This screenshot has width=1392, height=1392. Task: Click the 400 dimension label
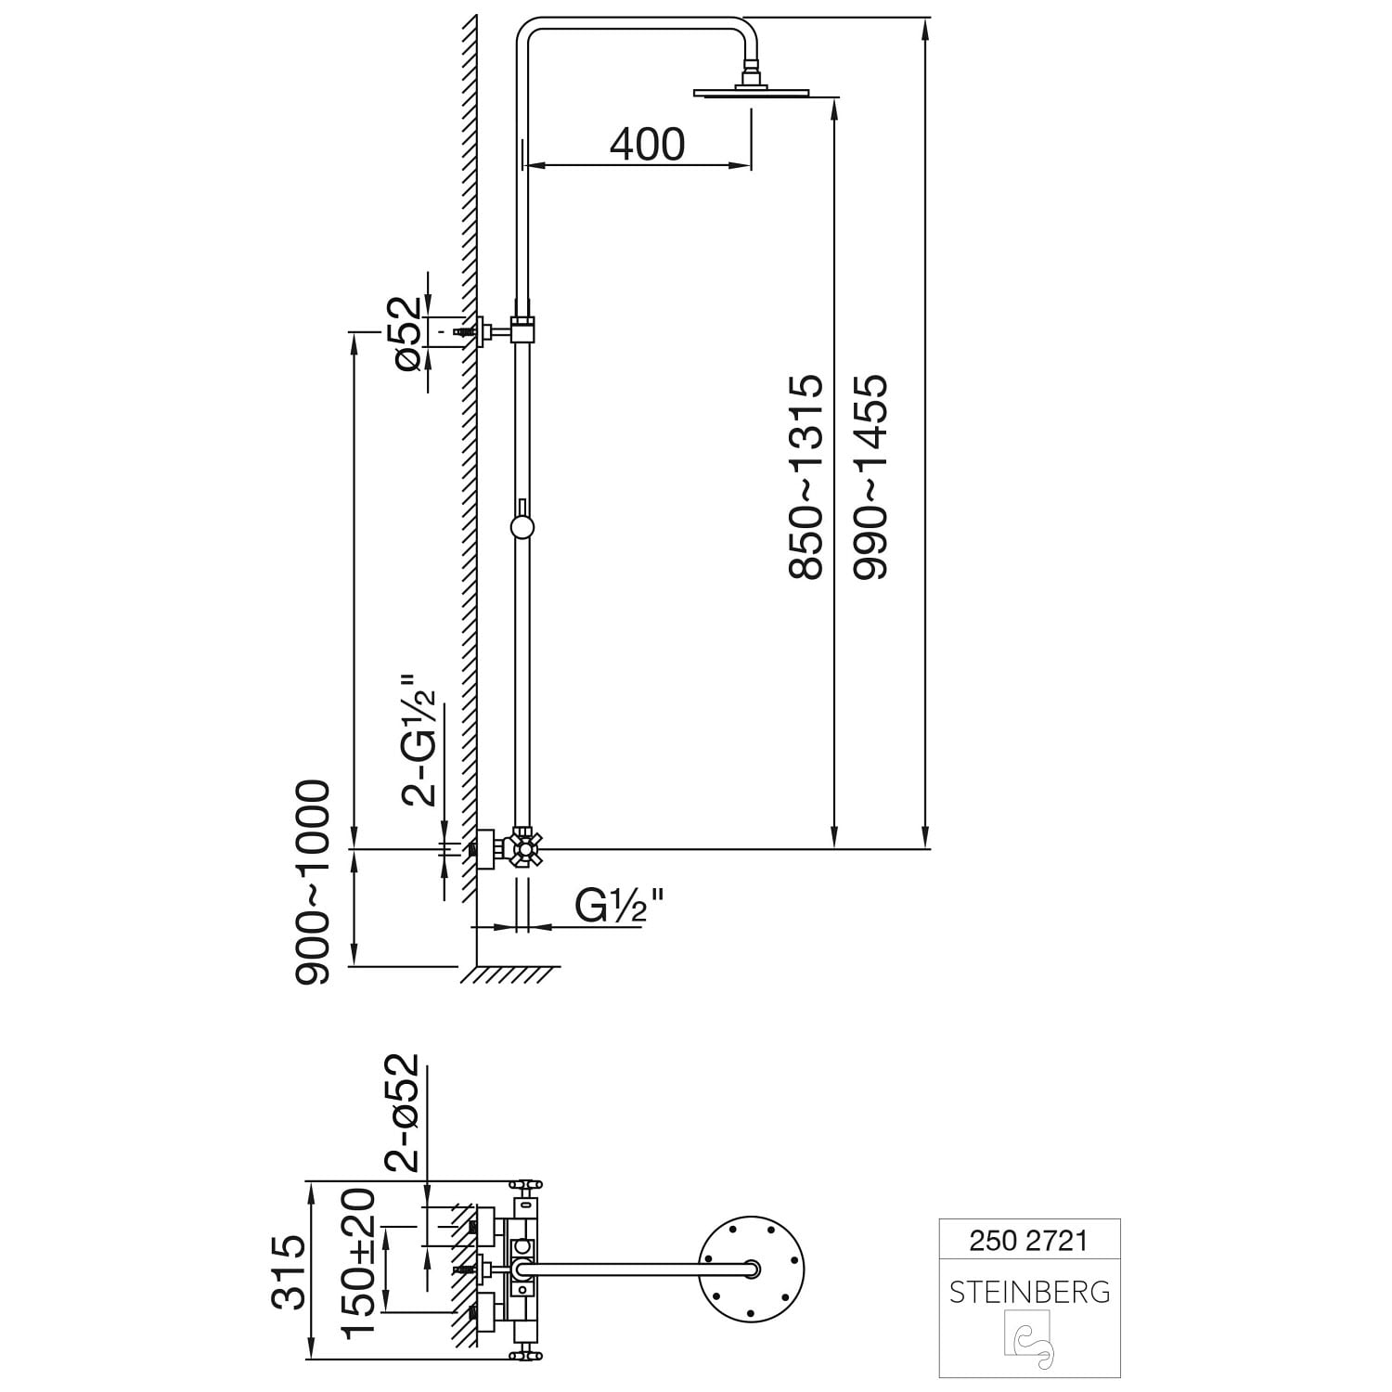tap(648, 144)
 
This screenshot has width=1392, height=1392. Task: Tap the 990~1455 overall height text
tap(870, 477)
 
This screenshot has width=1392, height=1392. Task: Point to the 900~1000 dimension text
tap(312, 882)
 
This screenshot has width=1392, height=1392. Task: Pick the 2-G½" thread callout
tap(419, 739)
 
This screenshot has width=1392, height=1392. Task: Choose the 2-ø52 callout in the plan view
tap(403, 1113)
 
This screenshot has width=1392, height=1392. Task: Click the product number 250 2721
tap(1028, 1240)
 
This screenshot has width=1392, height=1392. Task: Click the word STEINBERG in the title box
tap(1029, 1292)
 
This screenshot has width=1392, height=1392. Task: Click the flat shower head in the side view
tap(751, 91)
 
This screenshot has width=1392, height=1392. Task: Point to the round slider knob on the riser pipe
tap(522, 528)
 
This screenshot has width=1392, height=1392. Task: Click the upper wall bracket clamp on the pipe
tap(523, 329)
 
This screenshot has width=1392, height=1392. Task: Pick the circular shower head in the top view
tap(751, 1270)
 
